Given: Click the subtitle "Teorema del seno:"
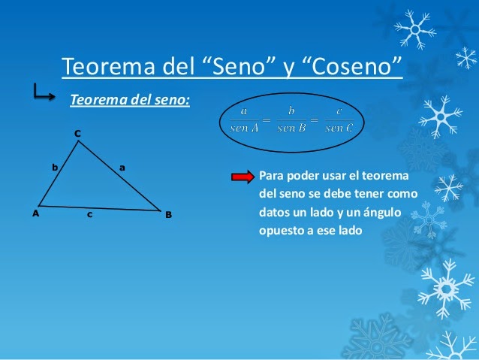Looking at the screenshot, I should tap(129, 99).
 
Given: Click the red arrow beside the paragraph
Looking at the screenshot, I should tap(243, 177).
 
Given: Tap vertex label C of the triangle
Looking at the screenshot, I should tap(77, 134).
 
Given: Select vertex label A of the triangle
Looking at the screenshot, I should tap(35, 213).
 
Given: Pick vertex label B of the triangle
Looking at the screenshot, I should tap(169, 215).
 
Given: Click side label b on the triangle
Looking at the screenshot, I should tap(54, 168).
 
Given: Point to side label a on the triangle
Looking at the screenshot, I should tap(122, 167).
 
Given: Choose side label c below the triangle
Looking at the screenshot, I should tap(89, 216).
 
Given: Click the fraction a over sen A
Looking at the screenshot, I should tap(245, 119).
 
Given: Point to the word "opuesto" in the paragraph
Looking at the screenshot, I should tap(281, 231).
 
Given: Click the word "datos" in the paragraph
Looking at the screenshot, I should tap(274, 213).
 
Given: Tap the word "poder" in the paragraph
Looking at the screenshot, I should tap(306, 177).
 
